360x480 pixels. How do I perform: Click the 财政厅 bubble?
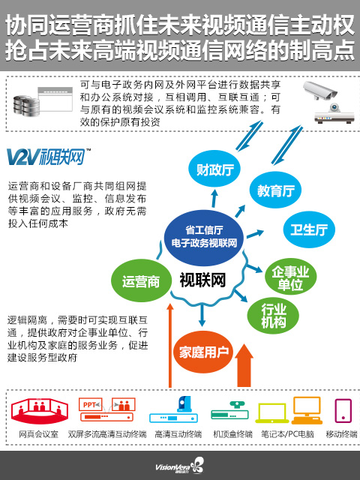coord(214,169)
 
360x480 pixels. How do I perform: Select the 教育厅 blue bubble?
coord(275,190)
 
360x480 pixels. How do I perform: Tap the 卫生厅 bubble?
coord(308,229)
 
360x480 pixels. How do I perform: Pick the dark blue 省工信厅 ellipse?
coord(204,237)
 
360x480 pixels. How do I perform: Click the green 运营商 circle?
coord(141,281)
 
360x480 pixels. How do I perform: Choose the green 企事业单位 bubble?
coord(290,277)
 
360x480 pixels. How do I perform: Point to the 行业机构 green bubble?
coord(273,316)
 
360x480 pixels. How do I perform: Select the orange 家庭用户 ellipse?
coord(203,352)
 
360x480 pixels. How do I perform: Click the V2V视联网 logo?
coord(48,157)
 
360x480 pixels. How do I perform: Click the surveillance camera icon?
coord(320,91)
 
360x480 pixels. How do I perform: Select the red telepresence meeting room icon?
coord(40,411)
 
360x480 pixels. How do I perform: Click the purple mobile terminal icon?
coord(343,411)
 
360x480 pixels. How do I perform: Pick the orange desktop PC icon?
coord(307,410)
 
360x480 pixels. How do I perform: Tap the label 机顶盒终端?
coord(232,434)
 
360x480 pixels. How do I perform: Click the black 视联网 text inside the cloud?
coord(202,280)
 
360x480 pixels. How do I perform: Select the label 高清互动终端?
coord(178,434)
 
